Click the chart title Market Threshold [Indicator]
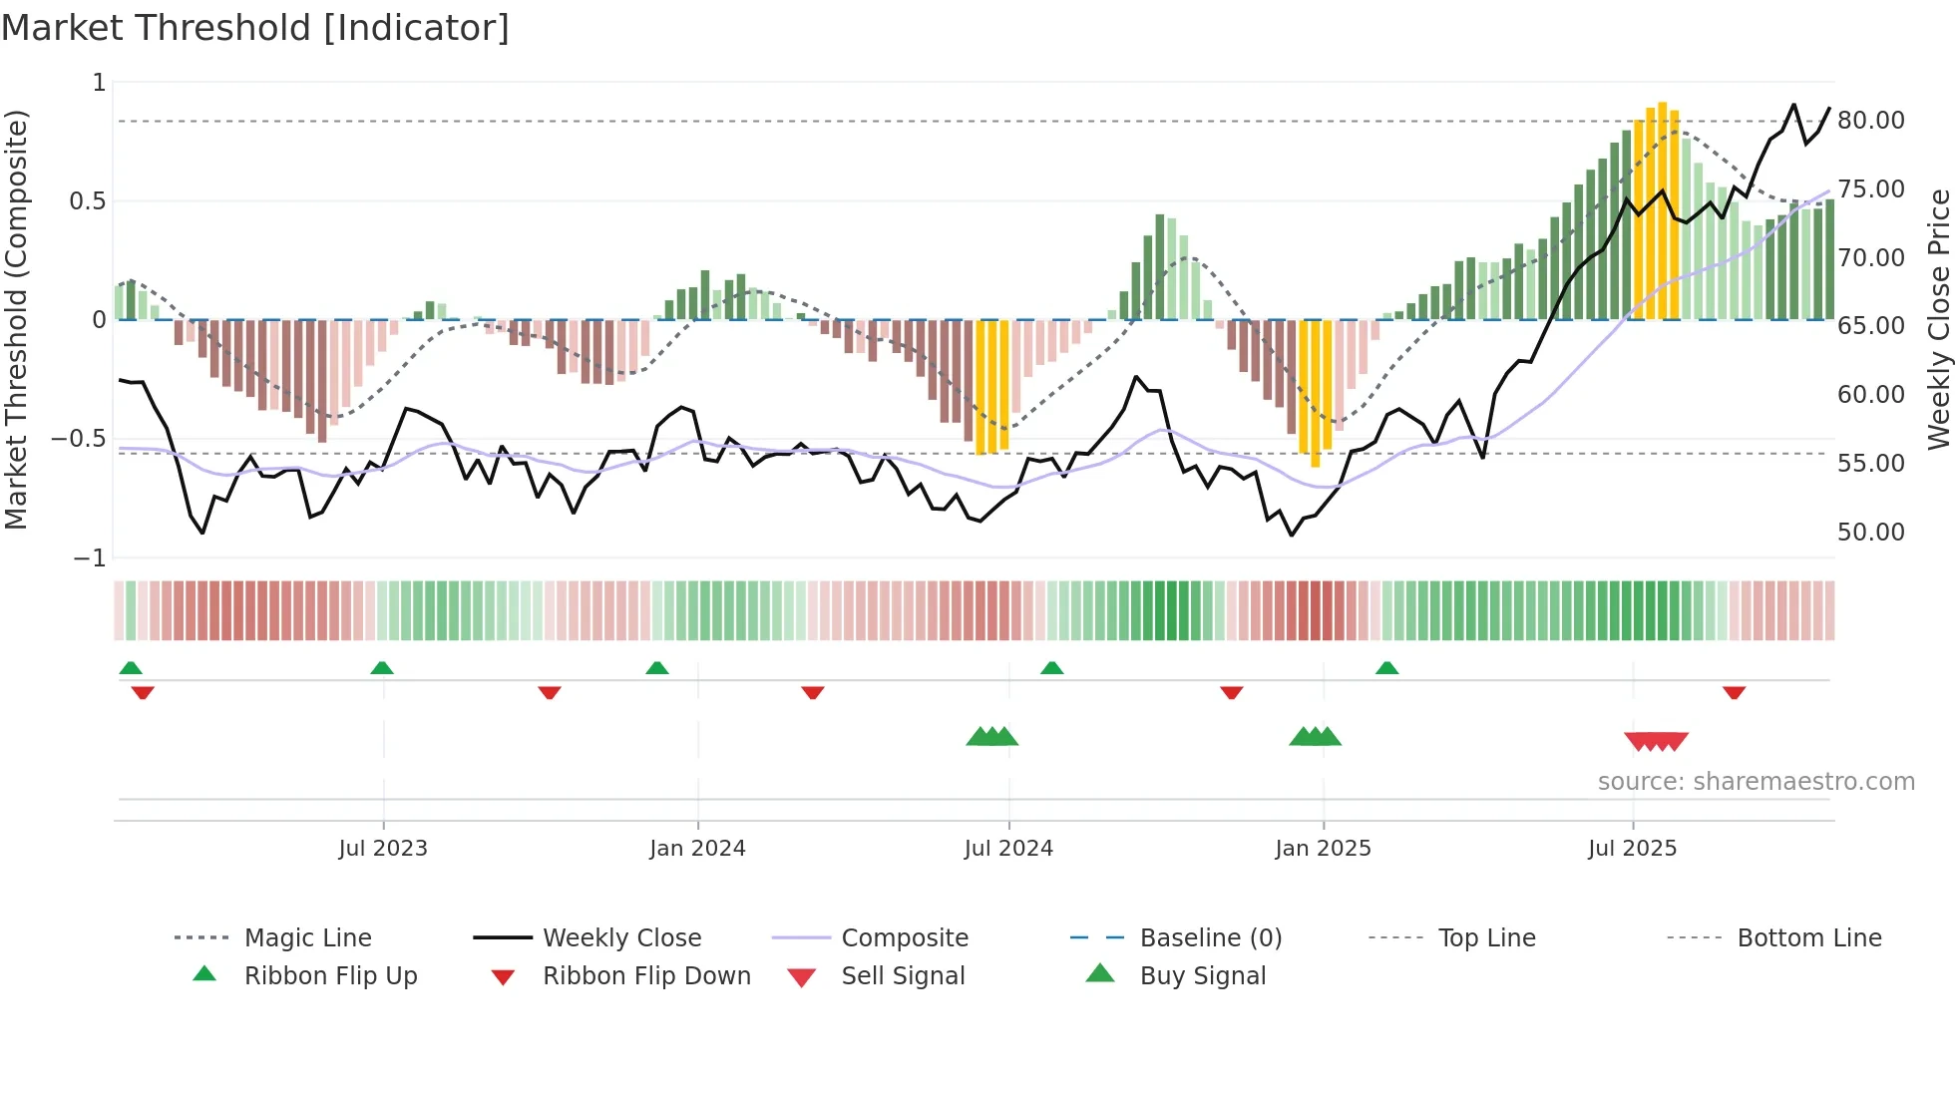(255, 28)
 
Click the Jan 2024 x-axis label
(697, 848)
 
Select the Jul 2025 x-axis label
(1632, 848)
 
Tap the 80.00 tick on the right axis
(1870, 121)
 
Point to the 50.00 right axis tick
(1870, 532)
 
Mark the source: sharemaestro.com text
(1756, 781)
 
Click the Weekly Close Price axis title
(1938, 319)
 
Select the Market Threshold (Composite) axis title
(16, 319)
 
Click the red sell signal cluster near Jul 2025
(1656, 741)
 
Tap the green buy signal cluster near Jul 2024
(992, 737)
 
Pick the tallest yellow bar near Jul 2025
(1662, 209)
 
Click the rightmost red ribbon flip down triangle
(1734, 692)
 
